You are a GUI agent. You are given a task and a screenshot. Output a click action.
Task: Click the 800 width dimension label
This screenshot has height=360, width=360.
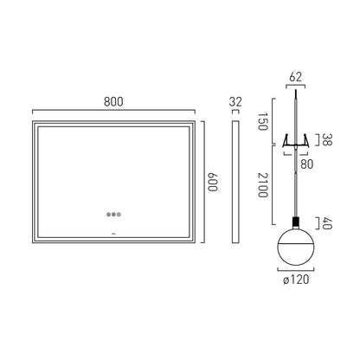coord(113,100)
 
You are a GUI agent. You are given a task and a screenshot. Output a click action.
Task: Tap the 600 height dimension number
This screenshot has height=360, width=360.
coord(212,183)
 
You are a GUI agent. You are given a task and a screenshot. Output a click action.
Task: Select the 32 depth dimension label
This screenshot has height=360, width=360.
coord(236,101)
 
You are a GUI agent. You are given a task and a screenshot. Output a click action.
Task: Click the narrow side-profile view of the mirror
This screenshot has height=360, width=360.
coord(235,182)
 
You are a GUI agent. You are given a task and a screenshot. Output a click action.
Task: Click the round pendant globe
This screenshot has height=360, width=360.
coord(297,247)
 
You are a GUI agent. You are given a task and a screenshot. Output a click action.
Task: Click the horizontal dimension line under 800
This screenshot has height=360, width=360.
coord(113,111)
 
